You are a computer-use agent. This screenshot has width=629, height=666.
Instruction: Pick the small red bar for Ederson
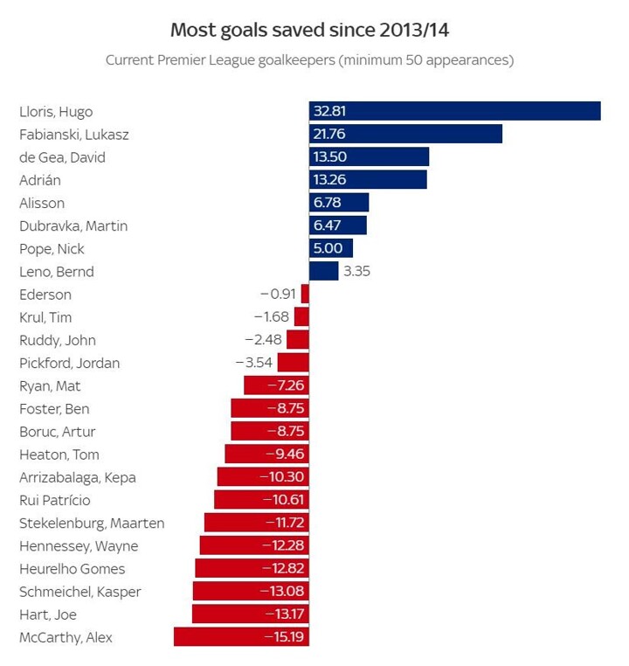click(305, 294)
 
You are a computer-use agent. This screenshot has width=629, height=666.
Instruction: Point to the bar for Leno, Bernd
click(323, 271)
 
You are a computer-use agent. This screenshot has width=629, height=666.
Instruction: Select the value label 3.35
click(356, 271)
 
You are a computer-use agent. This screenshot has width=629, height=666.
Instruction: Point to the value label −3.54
click(254, 363)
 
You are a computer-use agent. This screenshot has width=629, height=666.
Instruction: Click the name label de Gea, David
click(62, 157)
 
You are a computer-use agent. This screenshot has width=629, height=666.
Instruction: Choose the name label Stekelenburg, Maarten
click(92, 523)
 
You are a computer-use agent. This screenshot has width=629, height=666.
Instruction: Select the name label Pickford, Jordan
click(69, 363)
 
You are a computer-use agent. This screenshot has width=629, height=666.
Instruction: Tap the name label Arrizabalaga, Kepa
click(78, 477)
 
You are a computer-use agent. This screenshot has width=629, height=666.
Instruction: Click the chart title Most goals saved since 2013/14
click(310, 31)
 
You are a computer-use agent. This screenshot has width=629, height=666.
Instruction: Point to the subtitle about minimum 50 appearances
click(309, 60)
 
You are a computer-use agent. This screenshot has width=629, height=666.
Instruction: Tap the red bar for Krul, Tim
click(301, 316)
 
